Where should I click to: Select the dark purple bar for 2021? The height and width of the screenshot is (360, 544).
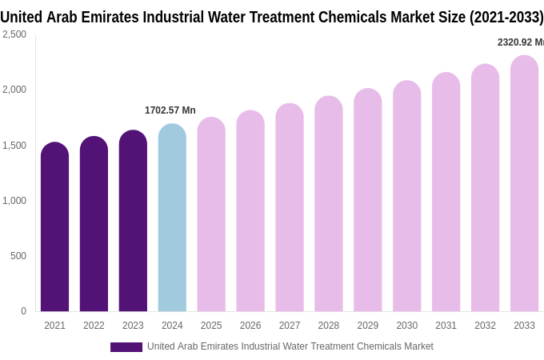54,227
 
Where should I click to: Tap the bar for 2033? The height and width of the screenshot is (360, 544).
524,184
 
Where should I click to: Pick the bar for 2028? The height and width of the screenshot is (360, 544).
329,204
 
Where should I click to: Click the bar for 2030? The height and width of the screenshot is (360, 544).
406,196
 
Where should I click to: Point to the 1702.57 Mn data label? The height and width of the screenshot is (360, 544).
170,110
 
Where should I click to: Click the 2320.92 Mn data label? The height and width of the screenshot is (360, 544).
520,42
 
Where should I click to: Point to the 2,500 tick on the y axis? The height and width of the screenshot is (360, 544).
14,34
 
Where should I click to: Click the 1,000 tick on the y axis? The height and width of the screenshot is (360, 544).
14,201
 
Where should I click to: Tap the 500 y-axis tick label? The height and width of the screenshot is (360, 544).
18,256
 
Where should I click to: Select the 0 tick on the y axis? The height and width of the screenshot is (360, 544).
23,311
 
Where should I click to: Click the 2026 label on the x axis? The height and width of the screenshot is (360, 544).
250,326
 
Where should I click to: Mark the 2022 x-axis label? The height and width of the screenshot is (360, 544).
94,326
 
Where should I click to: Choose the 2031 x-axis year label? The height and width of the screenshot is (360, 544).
446,326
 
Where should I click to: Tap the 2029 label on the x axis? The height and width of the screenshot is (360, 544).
368,326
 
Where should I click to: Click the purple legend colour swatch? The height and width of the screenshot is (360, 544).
126,346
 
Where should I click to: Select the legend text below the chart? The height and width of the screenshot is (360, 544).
290,346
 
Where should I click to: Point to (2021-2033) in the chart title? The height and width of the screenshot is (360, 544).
506,17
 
